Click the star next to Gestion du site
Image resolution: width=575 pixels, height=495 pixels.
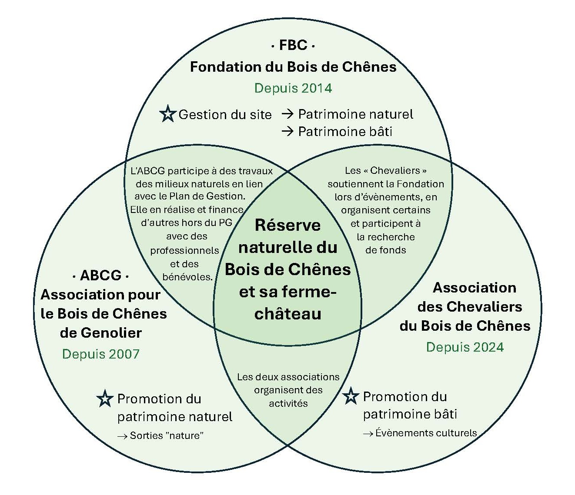pyautogui.click(x=167, y=114)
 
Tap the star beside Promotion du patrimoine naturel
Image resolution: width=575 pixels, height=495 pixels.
pyautogui.click(x=105, y=398)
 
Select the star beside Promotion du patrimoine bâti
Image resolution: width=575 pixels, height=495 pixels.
pyautogui.click(x=351, y=396)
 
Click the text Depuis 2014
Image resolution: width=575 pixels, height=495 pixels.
pyautogui.click(x=293, y=88)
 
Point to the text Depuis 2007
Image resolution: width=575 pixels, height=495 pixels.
pyautogui.click(x=101, y=354)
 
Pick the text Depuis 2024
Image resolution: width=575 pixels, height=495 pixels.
pyautogui.click(x=465, y=347)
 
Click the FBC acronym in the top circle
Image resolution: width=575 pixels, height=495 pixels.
pyautogui.click(x=293, y=45)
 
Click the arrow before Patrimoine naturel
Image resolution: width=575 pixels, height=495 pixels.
pyautogui.click(x=288, y=114)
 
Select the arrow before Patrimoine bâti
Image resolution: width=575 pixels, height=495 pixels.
pyautogui.click(x=288, y=131)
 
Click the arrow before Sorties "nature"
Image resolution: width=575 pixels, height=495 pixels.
pyautogui.click(x=122, y=436)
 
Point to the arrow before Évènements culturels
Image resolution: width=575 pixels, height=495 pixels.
pyautogui.click(x=368, y=433)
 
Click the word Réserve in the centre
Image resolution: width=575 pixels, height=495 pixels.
pyautogui.click(x=287, y=225)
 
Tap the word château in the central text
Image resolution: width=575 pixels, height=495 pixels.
pyautogui.click(x=287, y=313)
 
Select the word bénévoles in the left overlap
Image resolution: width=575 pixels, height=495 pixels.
pyautogui.click(x=187, y=277)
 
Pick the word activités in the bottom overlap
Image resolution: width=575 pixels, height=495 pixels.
pyautogui.click(x=288, y=403)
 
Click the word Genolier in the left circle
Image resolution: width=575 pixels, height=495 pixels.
pyautogui.click(x=101, y=332)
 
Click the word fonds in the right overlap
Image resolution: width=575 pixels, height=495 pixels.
pyautogui.click(x=386, y=250)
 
